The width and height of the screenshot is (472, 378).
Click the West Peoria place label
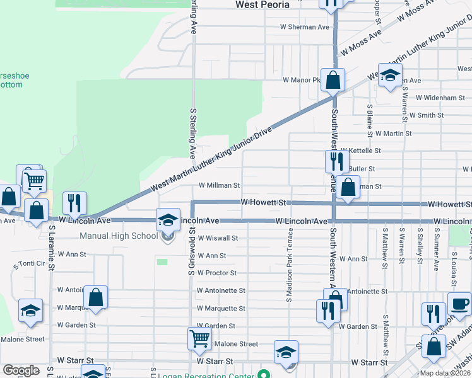pos(262,4)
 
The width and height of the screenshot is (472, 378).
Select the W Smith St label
pos(427,115)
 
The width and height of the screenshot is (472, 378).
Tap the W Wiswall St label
pos(218,238)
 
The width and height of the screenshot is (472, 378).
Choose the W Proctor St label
pos(216,273)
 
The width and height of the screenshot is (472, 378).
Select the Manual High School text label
pos(119,236)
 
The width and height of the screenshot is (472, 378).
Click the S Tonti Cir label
pos(30,263)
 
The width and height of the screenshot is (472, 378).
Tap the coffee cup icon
pos(459,303)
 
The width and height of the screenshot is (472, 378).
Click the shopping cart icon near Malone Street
pos(199,338)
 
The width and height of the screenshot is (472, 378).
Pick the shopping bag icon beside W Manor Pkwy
pos(333,79)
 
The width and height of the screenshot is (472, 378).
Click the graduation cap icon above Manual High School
pos(168,219)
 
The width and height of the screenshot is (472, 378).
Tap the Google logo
pos(21,370)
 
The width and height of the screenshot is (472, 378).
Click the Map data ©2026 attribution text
pos(445,373)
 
